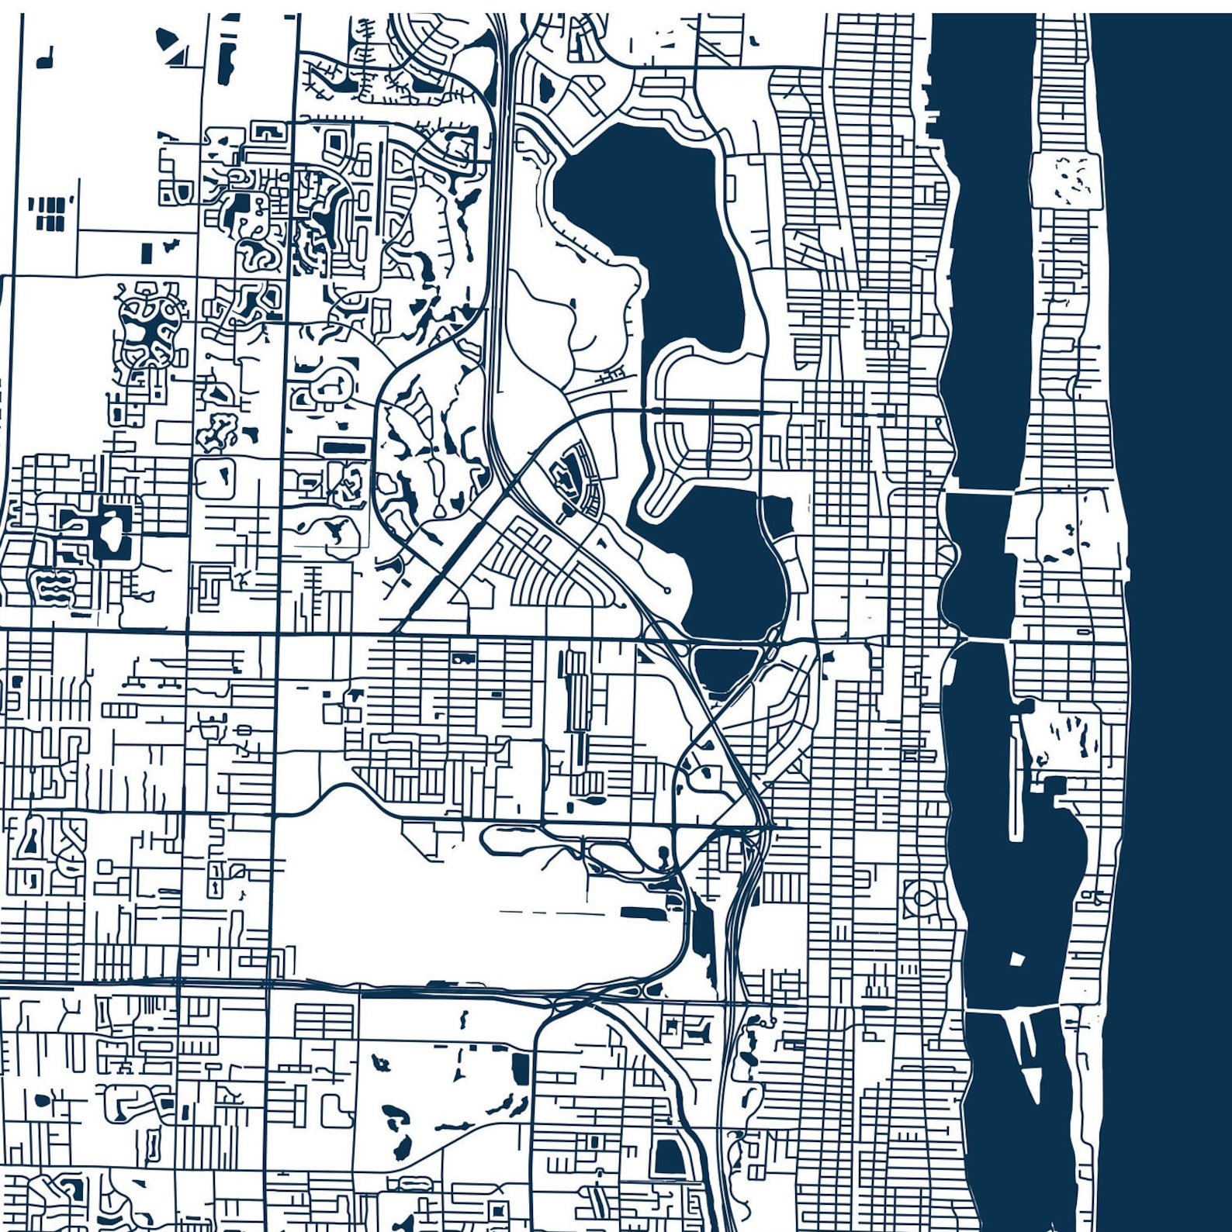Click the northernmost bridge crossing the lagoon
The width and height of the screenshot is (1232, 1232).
click(979, 492)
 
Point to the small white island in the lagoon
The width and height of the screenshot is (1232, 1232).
click(1017, 960)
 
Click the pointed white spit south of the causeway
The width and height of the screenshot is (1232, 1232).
click(1033, 1082)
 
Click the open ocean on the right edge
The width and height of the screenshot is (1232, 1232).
click(1179, 543)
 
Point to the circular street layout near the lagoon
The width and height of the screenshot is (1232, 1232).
click(921, 898)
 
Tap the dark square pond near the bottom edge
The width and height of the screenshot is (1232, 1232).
click(668, 1158)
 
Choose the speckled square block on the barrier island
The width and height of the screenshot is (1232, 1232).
click(1066, 180)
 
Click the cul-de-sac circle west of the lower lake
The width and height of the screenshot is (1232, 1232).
click(666, 591)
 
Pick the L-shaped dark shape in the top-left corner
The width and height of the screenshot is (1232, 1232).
click(46, 58)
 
